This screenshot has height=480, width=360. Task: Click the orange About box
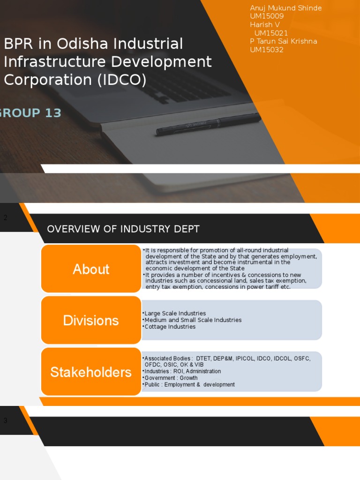point(91,269)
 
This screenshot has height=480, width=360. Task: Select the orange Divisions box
point(91,321)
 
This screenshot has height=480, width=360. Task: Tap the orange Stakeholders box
point(91,372)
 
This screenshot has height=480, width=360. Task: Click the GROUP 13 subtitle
point(30,112)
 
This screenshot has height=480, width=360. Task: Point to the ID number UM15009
point(267,16)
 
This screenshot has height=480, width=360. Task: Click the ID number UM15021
point(271,33)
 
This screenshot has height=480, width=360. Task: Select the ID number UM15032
point(267,50)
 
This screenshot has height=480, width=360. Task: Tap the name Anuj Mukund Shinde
point(286,8)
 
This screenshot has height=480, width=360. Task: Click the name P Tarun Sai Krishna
point(284,41)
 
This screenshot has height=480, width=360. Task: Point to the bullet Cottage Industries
point(170,327)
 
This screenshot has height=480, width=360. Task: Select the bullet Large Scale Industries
point(175,313)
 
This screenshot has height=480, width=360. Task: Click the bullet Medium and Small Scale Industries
point(193,320)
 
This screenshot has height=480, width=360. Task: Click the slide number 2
point(6,217)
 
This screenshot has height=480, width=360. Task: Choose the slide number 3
point(6,420)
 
